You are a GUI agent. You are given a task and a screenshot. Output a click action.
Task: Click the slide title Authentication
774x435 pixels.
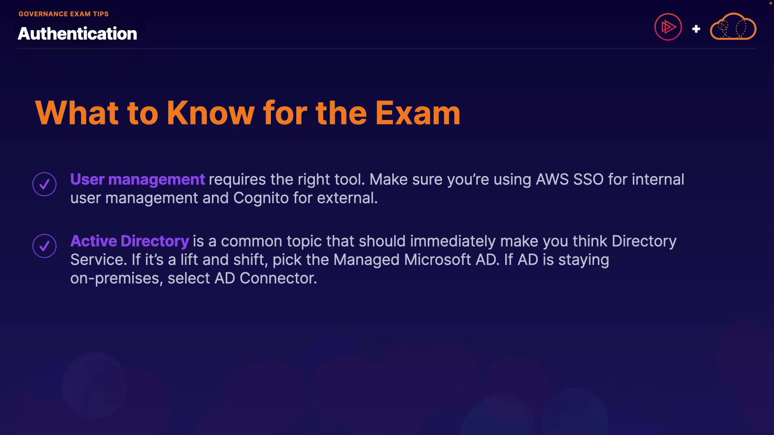tap(77, 33)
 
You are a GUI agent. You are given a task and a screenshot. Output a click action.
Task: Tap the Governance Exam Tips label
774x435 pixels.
tap(64, 14)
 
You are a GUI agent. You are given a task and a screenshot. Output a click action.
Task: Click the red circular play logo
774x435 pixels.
tap(668, 27)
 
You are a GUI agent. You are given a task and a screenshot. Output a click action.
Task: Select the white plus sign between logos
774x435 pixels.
tap(696, 29)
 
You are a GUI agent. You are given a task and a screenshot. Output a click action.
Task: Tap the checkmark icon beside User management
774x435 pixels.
tap(44, 184)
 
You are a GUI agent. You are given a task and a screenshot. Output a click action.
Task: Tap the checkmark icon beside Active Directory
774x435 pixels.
tap(44, 246)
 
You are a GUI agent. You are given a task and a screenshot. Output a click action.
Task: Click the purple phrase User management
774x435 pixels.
tap(137, 179)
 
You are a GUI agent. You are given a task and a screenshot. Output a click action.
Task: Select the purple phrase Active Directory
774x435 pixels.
tap(130, 241)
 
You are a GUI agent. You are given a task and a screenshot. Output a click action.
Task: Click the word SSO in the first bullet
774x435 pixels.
tap(589, 179)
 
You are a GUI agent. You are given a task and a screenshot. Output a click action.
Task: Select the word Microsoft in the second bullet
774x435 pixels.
tap(438, 259)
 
